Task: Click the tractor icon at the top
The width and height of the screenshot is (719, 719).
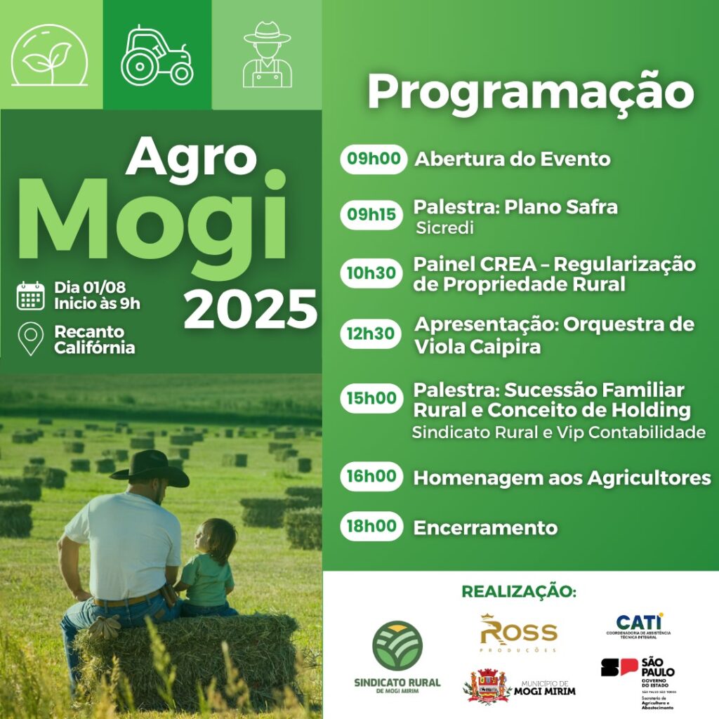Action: pyautogui.click(x=157, y=55)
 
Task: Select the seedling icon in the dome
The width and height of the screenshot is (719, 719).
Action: pyautogui.click(x=48, y=56)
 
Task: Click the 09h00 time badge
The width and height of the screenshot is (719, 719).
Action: pyautogui.click(x=374, y=159)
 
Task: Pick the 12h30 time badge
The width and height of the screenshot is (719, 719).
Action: pyautogui.click(x=371, y=334)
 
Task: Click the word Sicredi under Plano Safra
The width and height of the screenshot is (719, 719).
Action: pyautogui.click(x=444, y=228)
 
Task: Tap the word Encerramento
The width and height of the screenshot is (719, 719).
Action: pyautogui.click(x=485, y=528)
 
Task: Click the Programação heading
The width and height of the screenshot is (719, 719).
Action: pyautogui.click(x=530, y=93)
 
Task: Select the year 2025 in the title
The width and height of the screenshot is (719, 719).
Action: pyautogui.click(x=251, y=308)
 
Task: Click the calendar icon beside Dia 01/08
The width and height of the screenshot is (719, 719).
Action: pyautogui.click(x=31, y=296)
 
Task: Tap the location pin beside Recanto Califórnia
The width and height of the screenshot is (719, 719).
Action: pyautogui.click(x=31, y=339)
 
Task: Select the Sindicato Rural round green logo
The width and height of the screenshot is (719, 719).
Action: pyautogui.click(x=397, y=646)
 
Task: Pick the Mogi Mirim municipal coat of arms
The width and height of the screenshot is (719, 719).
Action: pyautogui.click(x=489, y=685)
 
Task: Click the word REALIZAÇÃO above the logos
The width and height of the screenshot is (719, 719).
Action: pyautogui.click(x=519, y=592)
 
